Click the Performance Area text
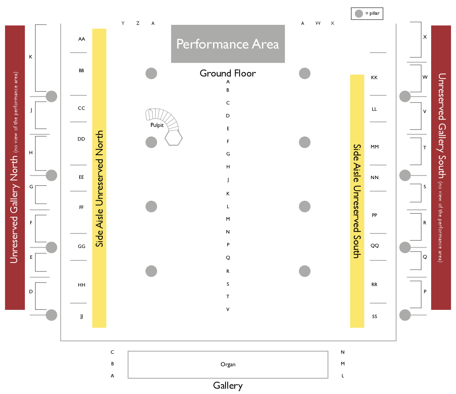[x=228, y=44]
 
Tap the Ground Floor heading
[x=228, y=73]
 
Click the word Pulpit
[x=157, y=125]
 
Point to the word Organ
[x=228, y=365]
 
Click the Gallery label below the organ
[x=228, y=385]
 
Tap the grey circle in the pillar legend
[x=359, y=14]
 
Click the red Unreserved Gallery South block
[x=441, y=167]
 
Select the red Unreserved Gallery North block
[x=15, y=167]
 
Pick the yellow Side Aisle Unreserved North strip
[x=99, y=178]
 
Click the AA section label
[x=82, y=39]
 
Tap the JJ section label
[x=82, y=316]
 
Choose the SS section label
[x=374, y=316]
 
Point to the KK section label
[x=374, y=78]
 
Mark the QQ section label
[x=374, y=246]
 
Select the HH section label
[x=82, y=285]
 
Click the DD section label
[x=81, y=139]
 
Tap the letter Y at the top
[x=123, y=23]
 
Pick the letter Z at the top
[x=138, y=23]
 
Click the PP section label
[x=374, y=215]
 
